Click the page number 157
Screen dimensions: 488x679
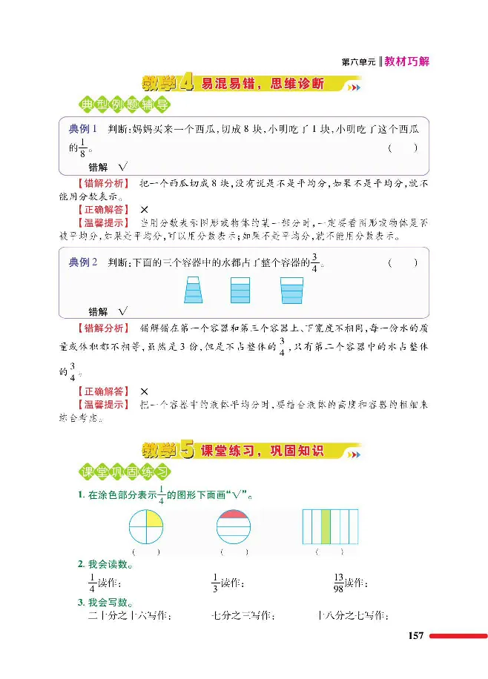pos(415,636)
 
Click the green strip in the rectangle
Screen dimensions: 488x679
pos(325,527)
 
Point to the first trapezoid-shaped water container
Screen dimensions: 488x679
pos(194,290)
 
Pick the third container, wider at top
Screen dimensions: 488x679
pos(291,290)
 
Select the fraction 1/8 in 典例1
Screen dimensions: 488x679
pos(83,148)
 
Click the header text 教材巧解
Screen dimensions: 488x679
pos(407,62)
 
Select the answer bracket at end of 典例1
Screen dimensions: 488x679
pos(402,148)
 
